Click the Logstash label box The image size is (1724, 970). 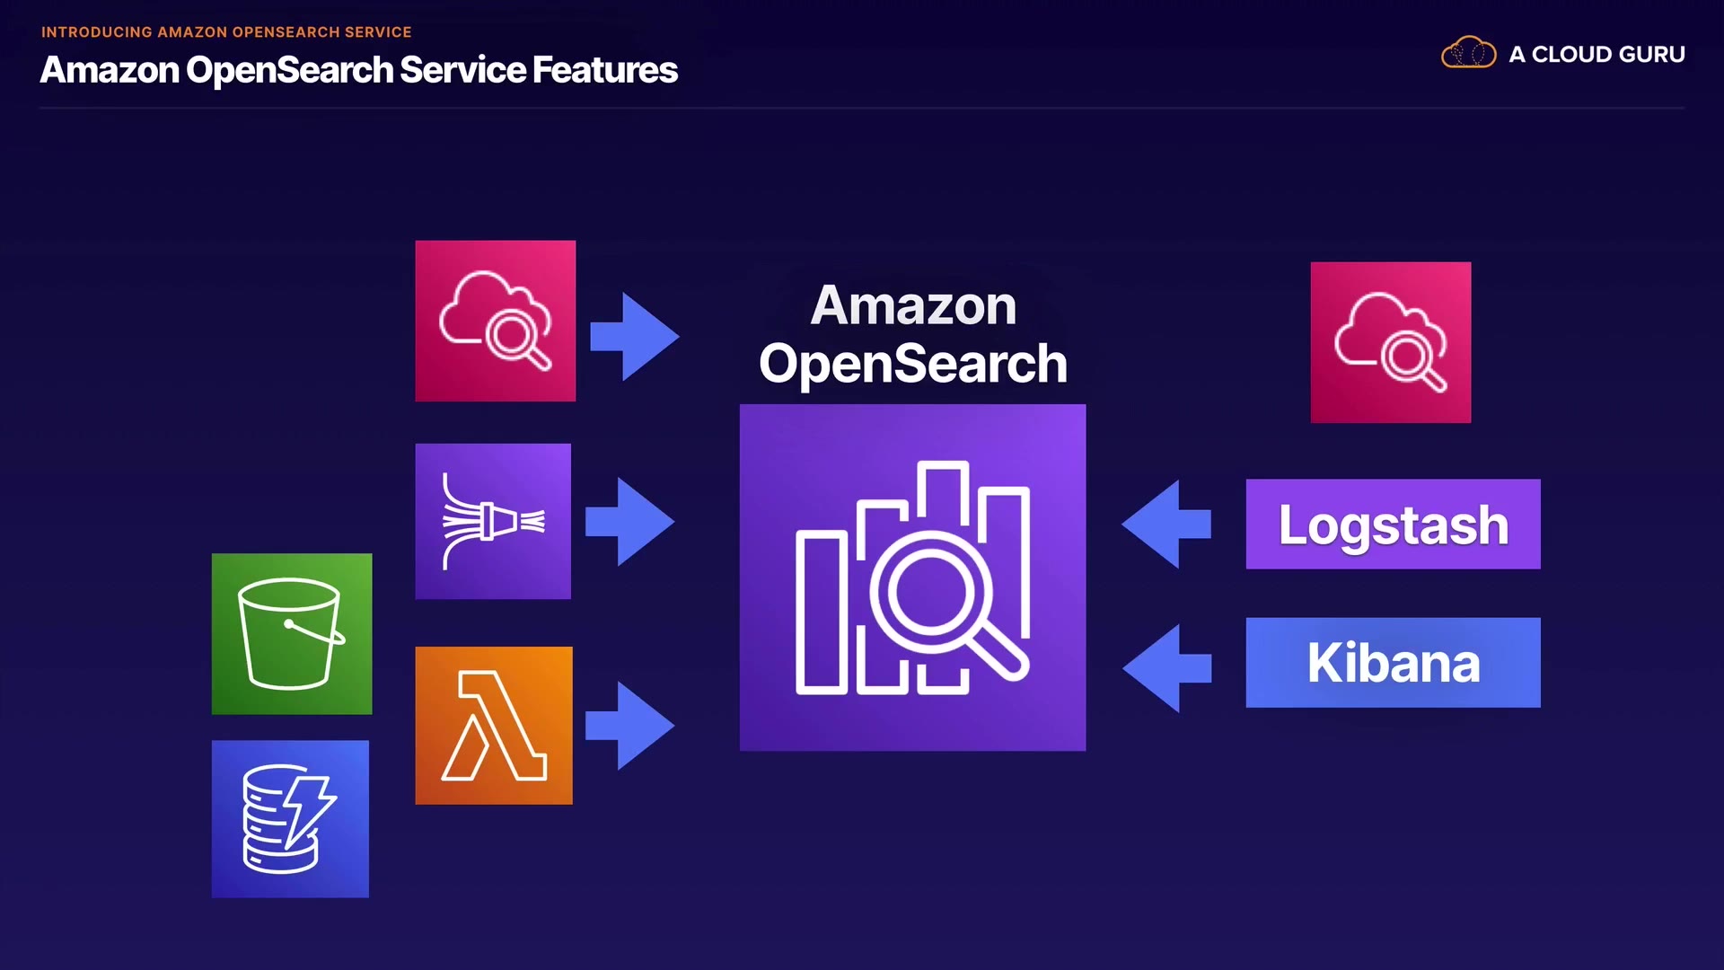(x=1393, y=524)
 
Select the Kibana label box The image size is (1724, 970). (x=1393, y=663)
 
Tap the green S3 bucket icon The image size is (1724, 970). (x=292, y=634)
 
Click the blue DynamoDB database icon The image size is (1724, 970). (x=290, y=818)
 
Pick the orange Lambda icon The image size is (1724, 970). (x=494, y=725)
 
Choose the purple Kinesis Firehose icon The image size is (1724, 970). (x=493, y=521)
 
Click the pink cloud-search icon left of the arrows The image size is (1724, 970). (x=495, y=321)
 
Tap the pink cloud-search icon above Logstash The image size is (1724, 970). (x=1390, y=342)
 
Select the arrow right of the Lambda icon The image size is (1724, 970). (x=630, y=725)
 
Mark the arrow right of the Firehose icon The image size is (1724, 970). (x=630, y=521)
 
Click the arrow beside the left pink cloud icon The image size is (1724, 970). (x=635, y=336)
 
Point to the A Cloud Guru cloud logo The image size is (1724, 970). (x=1468, y=53)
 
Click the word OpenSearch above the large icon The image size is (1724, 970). (x=912, y=364)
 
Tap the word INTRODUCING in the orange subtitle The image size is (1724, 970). (x=97, y=32)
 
